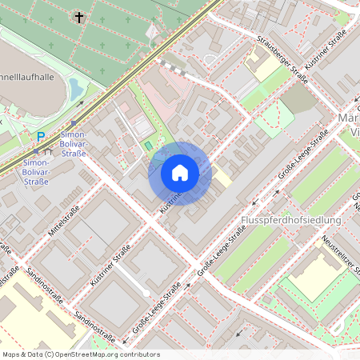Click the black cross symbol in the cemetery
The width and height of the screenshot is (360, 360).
point(78,16)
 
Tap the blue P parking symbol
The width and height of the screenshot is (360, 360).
point(40,137)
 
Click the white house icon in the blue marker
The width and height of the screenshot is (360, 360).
point(180,173)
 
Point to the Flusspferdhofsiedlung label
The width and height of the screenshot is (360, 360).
point(290,219)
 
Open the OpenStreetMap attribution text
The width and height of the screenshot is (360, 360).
point(80,354)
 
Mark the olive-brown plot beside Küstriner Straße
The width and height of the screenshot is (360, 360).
point(298,98)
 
